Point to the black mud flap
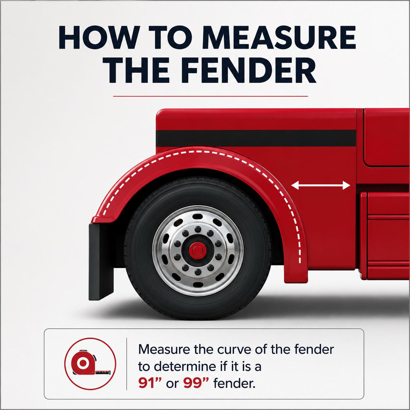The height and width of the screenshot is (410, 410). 101,261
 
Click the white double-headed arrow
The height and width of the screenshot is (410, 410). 320,186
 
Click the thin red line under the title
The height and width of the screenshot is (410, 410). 210,96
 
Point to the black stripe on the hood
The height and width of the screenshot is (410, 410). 256,138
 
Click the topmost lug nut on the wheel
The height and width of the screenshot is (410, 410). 198,229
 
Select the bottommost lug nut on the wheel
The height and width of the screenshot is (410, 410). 198,272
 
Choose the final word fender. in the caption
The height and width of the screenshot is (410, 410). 234,384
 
